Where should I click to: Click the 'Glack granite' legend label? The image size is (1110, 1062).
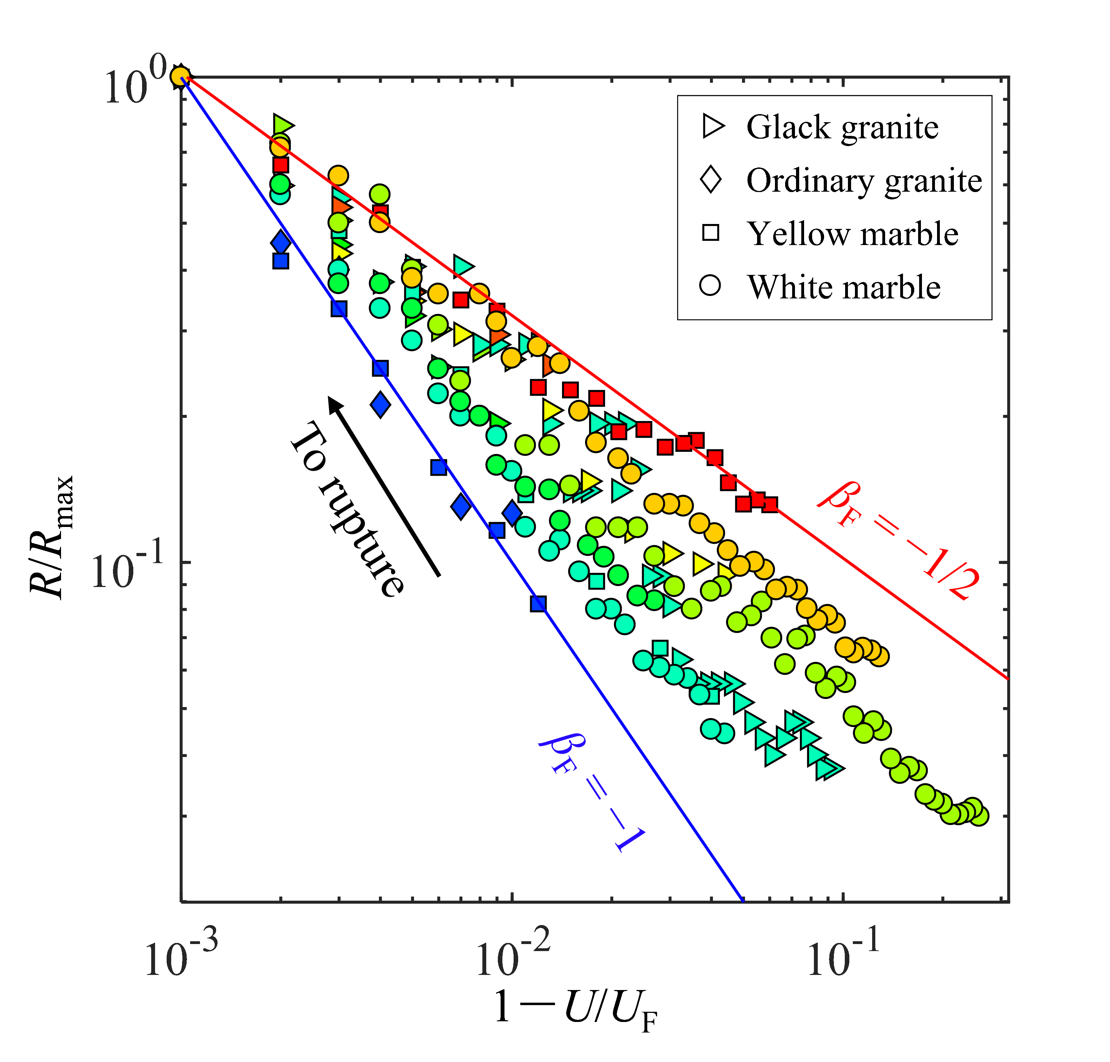[x=842, y=127]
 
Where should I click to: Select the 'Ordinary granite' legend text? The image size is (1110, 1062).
[x=864, y=181]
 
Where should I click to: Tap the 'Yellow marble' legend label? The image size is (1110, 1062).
[x=852, y=234]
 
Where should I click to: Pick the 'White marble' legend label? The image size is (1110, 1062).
[x=843, y=287]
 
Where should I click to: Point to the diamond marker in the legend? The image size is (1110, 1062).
[x=710, y=180]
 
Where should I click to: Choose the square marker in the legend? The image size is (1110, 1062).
[x=710, y=233]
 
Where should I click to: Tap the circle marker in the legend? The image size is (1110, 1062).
[x=710, y=285]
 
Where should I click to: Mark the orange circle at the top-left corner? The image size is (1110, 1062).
[x=180, y=77]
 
